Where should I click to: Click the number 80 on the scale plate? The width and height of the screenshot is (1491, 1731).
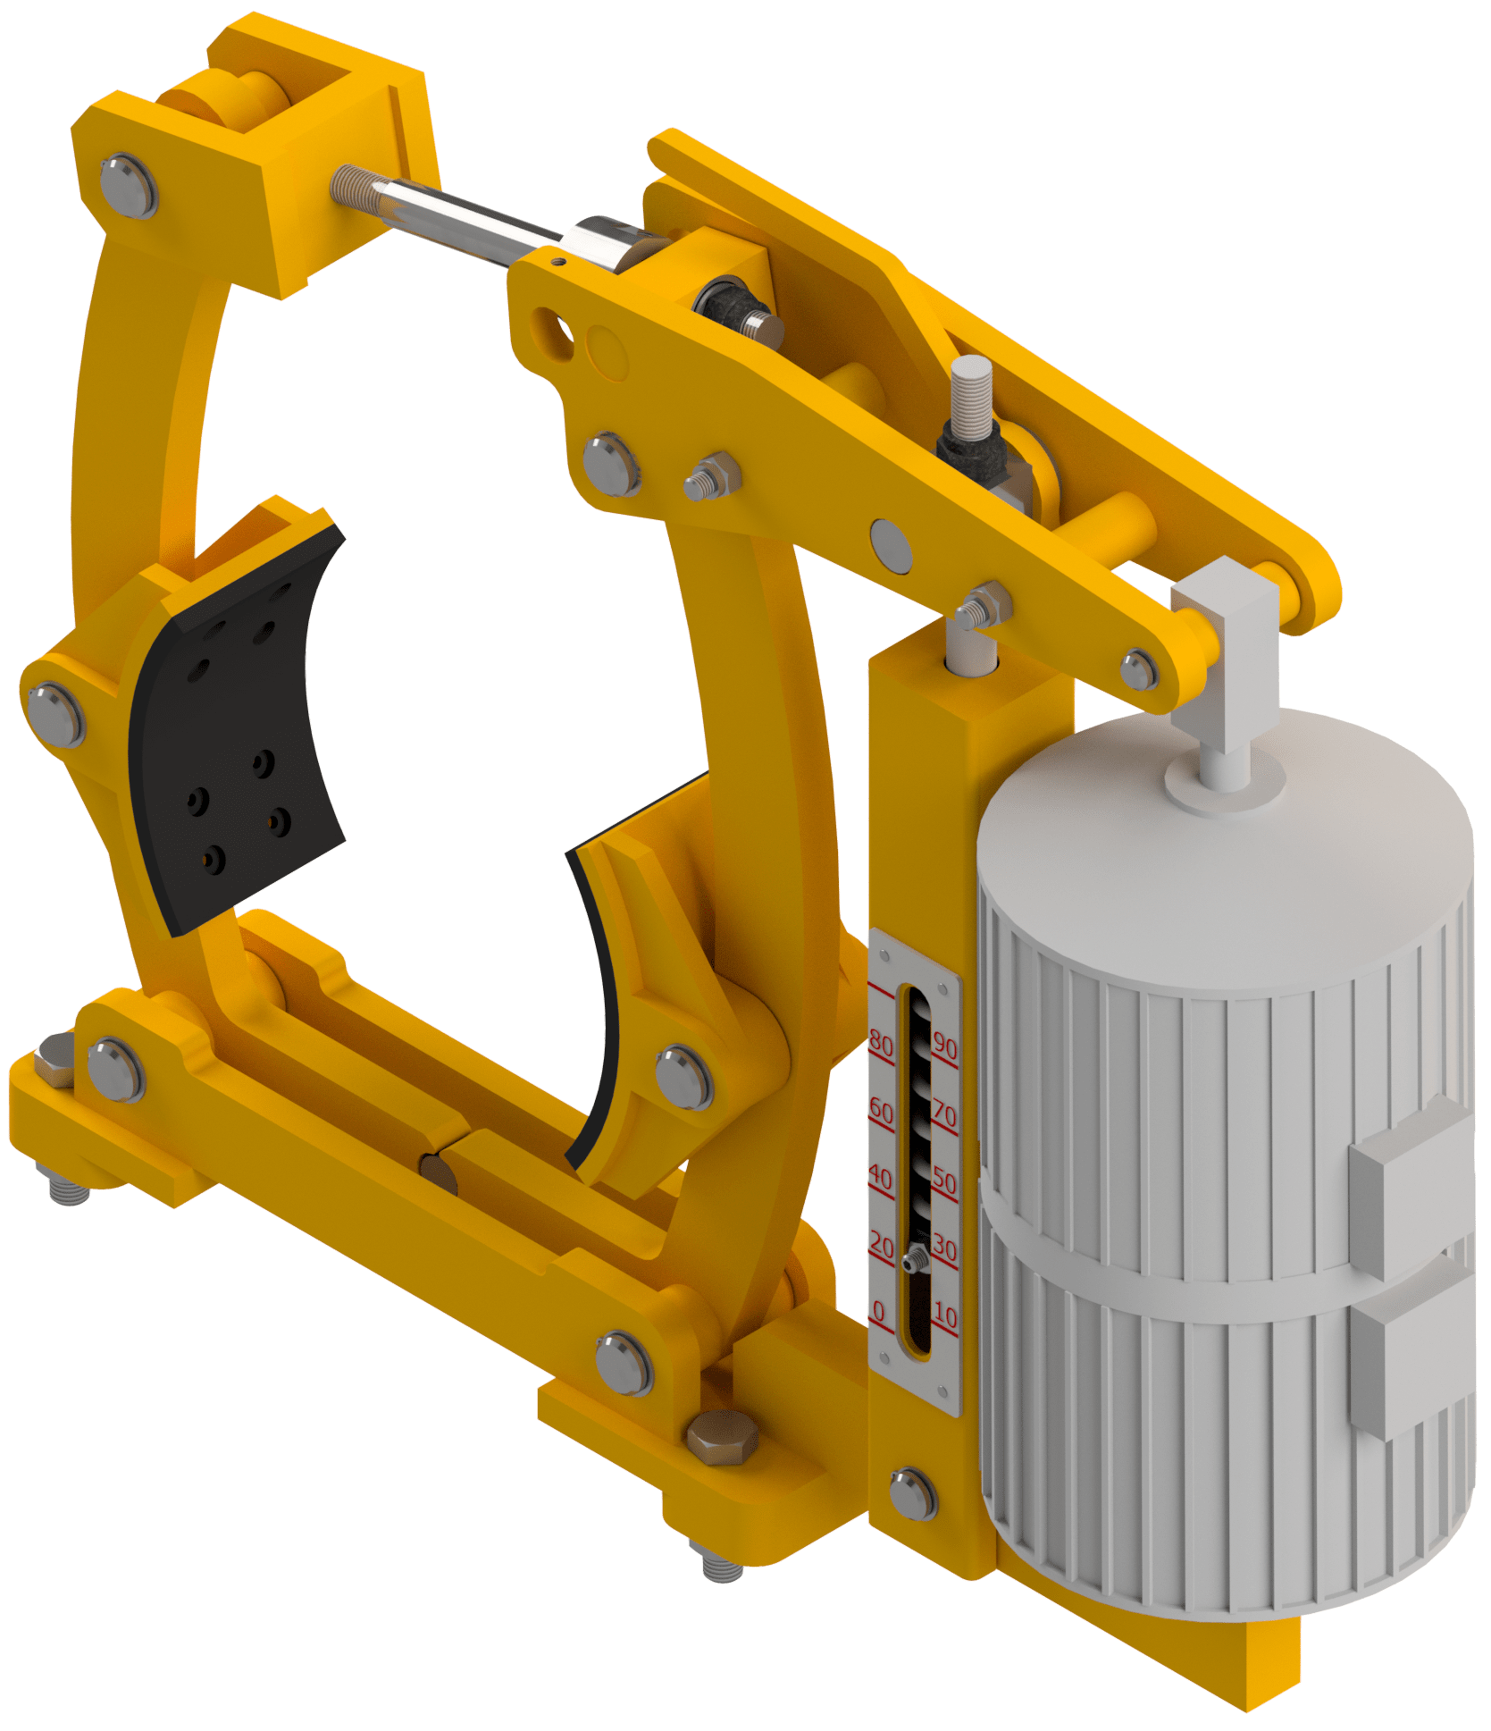(881, 1042)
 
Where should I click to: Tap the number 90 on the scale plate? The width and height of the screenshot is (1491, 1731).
(945, 1044)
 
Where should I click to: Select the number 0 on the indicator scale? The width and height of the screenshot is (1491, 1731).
(878, 1311)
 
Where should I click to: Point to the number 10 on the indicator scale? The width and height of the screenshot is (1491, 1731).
(945, 1315)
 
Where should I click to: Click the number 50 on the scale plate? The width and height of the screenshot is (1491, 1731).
(945, 1181)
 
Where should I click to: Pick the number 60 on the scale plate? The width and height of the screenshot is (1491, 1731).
(881, 1110)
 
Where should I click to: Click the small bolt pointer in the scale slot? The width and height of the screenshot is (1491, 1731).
(914, 1261)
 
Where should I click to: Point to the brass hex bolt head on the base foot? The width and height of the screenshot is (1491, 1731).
(722, 1437)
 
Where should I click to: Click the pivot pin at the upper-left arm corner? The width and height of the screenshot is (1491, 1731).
(129, 186)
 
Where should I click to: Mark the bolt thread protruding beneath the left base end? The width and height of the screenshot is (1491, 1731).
(68, 1189)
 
